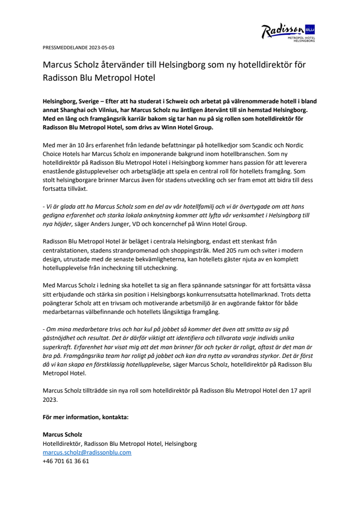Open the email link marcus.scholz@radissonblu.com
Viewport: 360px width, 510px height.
tap(87, 452)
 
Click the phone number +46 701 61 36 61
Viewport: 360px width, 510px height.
tap(66, 461)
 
